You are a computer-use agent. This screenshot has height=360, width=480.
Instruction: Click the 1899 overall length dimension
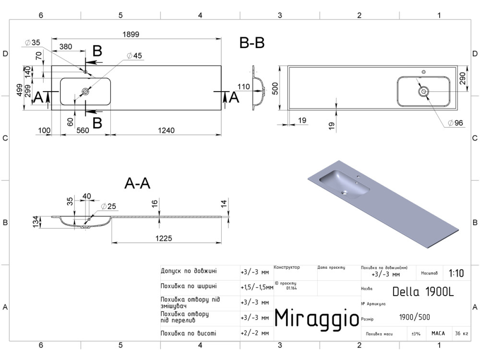(x=131, y=34)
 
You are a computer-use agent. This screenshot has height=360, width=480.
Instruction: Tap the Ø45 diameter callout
(x=134, y=56)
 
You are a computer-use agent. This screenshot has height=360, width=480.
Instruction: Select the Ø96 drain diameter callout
(x=455, y=123)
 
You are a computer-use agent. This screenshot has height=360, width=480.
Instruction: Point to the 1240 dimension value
(x=166, y=131)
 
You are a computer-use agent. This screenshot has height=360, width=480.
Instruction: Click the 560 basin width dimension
(x=83, y=131)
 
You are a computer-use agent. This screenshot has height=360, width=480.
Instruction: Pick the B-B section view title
(x=252, y=43)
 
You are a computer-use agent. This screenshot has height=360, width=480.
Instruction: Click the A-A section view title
(x=137, y=184)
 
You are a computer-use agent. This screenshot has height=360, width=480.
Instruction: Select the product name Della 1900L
(x=423, y=292)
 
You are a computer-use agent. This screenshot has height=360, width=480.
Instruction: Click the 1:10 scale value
(x=456, y=273)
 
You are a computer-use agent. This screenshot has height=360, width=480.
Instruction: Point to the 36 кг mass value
(x=461, y=334)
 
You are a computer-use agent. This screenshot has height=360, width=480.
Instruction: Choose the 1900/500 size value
(x=415, y=317)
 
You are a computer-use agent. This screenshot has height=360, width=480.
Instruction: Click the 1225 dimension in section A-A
(x=164, y=238)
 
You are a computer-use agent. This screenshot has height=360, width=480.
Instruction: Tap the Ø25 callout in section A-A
(x=108, y=206)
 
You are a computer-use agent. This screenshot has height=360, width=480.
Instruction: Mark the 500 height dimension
(x=275, y=88)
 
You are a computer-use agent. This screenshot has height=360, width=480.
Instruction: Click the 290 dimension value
(x=463, y=78)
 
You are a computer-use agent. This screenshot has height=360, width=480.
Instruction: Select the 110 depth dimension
(x=244, y=86)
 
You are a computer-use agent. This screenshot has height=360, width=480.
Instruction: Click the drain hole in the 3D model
(x=345, y=193)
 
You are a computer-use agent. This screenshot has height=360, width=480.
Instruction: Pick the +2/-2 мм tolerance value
(x=255, y=333)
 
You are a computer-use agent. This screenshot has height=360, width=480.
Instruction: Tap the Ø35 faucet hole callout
(x=33, y=43)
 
